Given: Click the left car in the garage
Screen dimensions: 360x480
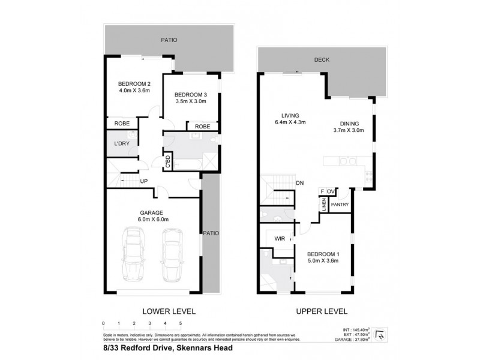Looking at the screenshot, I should pos(133,255).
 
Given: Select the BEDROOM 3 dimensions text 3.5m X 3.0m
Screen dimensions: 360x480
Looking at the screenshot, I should pos(190,101).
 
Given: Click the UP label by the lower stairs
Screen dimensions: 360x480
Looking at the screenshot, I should pos(144,181).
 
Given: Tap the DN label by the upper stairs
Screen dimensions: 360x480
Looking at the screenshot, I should pos(300,183).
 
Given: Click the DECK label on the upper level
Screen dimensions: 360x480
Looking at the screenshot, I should pos(322,60).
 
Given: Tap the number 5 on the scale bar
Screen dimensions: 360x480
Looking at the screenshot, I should pos(181,323).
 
